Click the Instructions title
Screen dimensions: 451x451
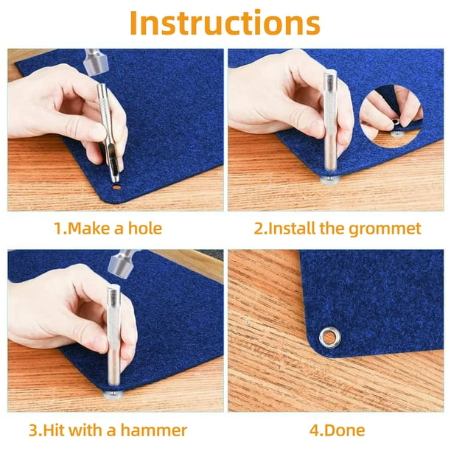coord(225,23)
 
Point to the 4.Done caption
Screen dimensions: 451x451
coord(337,430)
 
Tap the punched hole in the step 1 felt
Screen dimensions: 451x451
coord(116,187)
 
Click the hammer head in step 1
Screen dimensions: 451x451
coord(96,63)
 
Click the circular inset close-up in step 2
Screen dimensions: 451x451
coord(391,116)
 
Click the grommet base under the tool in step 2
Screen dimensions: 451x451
coord(331,181)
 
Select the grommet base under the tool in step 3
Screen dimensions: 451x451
coord(113,395)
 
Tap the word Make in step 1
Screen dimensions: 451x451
coord(89,228)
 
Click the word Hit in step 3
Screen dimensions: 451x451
coord(55,430)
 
